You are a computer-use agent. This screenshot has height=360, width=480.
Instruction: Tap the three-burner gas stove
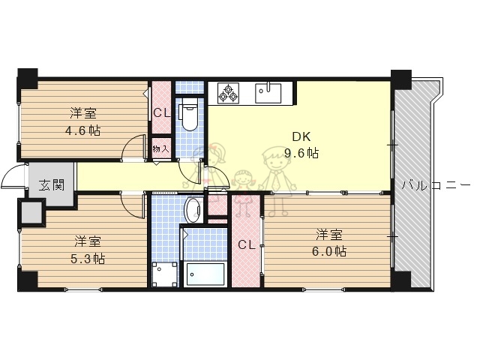[229, 93]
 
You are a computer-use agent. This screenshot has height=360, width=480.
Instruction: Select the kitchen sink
[268, 93]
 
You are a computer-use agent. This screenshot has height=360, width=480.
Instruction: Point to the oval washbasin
[192, 209]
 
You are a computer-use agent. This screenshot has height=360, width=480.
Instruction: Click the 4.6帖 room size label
[83, 130]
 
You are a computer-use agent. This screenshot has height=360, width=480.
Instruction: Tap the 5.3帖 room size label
[88, 259]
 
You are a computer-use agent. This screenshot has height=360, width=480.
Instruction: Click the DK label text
[301, 137]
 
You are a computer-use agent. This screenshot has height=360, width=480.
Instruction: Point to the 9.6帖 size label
[302, 154]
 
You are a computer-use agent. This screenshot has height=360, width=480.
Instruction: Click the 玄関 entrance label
[52, 184]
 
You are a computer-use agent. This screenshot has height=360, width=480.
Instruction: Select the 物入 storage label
[161, 148]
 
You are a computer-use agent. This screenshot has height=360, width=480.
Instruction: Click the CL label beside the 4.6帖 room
[161, 113]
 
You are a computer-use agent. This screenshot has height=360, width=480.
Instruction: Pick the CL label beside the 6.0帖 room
[247, 244]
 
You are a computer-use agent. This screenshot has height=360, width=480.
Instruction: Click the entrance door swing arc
[13, 177]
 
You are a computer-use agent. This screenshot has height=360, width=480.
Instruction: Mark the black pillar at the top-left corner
[28, 76]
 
